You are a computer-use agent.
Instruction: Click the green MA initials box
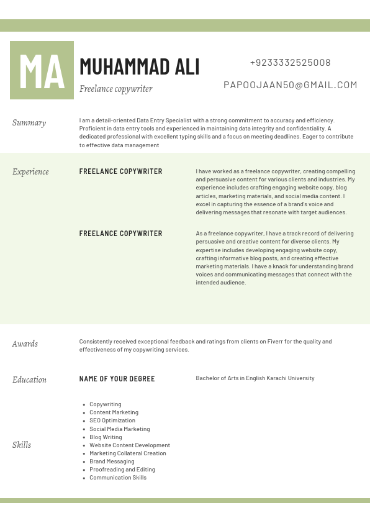point(42,70)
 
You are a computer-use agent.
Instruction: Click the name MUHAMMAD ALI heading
point(140,66)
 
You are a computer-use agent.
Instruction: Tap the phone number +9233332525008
point(290,63)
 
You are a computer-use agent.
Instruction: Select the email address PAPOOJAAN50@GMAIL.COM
point(290,85)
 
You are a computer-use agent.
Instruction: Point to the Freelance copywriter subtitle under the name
point(116,89)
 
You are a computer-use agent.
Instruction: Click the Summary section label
point(29,123)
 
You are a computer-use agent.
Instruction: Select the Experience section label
point(30,172)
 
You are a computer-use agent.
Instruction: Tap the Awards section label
point(25,344)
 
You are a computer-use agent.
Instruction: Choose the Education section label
point(29,380)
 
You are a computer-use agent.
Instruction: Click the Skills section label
point(22,445)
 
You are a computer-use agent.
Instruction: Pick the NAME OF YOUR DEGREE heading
point(117,379)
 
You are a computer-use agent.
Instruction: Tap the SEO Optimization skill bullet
point(112,421)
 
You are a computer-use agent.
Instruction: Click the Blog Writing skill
point(106,437)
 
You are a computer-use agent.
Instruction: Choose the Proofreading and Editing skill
point(122,470)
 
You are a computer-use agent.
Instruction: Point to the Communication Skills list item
point(118,478)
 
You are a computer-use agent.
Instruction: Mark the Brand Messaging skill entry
point(112,462)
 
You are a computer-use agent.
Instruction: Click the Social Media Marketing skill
point(119,429)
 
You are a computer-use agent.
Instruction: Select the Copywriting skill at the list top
point(106,404)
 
